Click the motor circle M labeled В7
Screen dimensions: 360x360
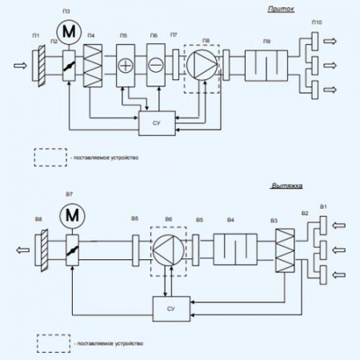tap(73, 214)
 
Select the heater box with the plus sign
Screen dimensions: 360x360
tap(126, 62)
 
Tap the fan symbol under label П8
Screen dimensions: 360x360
tap(201, 62)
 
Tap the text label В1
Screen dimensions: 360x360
tap(322, 207)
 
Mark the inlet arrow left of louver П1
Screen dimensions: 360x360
tap(18, 62)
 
